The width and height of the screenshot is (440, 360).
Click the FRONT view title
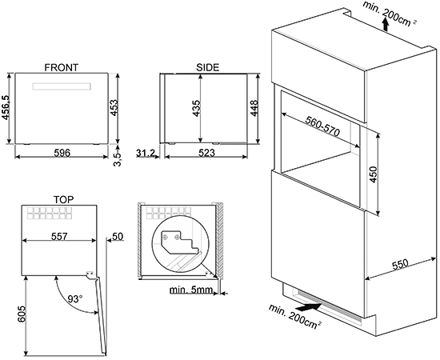coord(62,68)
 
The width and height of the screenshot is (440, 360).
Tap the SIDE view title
coord(208,68)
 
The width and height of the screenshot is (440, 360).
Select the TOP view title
coord(64,200)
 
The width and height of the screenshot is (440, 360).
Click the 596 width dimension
coord(62,153)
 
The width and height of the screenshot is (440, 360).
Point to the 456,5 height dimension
coord(6,108)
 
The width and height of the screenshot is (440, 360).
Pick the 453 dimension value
coord(114,107)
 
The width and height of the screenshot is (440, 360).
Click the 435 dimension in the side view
coord(196,108)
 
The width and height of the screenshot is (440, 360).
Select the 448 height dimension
coord(254,108)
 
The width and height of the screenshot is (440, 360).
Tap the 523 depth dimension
coord(207,153)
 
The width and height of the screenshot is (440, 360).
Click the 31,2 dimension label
coord(146,153)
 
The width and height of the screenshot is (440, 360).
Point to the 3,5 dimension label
coord(118,159)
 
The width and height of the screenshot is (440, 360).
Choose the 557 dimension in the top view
coord(59,237)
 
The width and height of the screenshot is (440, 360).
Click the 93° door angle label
coord(75,299)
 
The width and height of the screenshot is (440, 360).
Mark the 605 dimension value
coord(22,314)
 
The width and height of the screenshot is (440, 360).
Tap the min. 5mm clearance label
coord(191,290)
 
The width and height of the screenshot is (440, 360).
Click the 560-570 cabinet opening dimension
coord(322,126)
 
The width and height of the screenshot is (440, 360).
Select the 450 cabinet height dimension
coord(374,174)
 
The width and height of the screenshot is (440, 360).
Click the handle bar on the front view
coord(62,86)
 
